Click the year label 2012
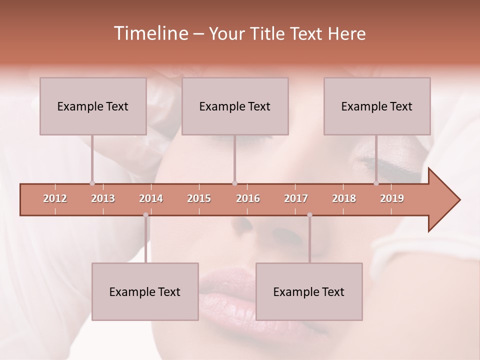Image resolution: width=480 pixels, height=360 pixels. [x=55, y=198]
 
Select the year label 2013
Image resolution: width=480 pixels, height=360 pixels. [x=103, y=198]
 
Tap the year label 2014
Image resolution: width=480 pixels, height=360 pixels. [x=151, y=198]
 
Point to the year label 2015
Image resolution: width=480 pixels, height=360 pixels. [x=199, y=198]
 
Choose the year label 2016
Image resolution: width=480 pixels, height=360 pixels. [x=248, y=198]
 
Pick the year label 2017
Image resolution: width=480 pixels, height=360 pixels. [x=296, y=198]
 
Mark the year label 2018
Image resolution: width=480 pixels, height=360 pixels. [x=344, y=198]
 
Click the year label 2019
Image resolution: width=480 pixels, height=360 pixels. [x=392, y=198]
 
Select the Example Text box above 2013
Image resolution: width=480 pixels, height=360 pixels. [x=93, y=106]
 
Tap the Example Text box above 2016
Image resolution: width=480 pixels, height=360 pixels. [x=235, y=106]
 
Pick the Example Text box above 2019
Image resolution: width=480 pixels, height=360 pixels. [x=377, y=106]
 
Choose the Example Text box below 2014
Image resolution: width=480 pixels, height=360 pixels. [x=145, y=291]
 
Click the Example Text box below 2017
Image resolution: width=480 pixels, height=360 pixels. [x=309, y=291]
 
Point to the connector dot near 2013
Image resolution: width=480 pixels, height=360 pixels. [x=92, y=183]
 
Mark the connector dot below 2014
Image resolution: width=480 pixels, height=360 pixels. [x=145, y=215]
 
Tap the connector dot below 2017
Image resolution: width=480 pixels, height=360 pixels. [x=309, y=215]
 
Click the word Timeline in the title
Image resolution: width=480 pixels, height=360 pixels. [x=149, y=33]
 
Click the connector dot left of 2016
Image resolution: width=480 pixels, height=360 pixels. [x=234, y=183]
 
